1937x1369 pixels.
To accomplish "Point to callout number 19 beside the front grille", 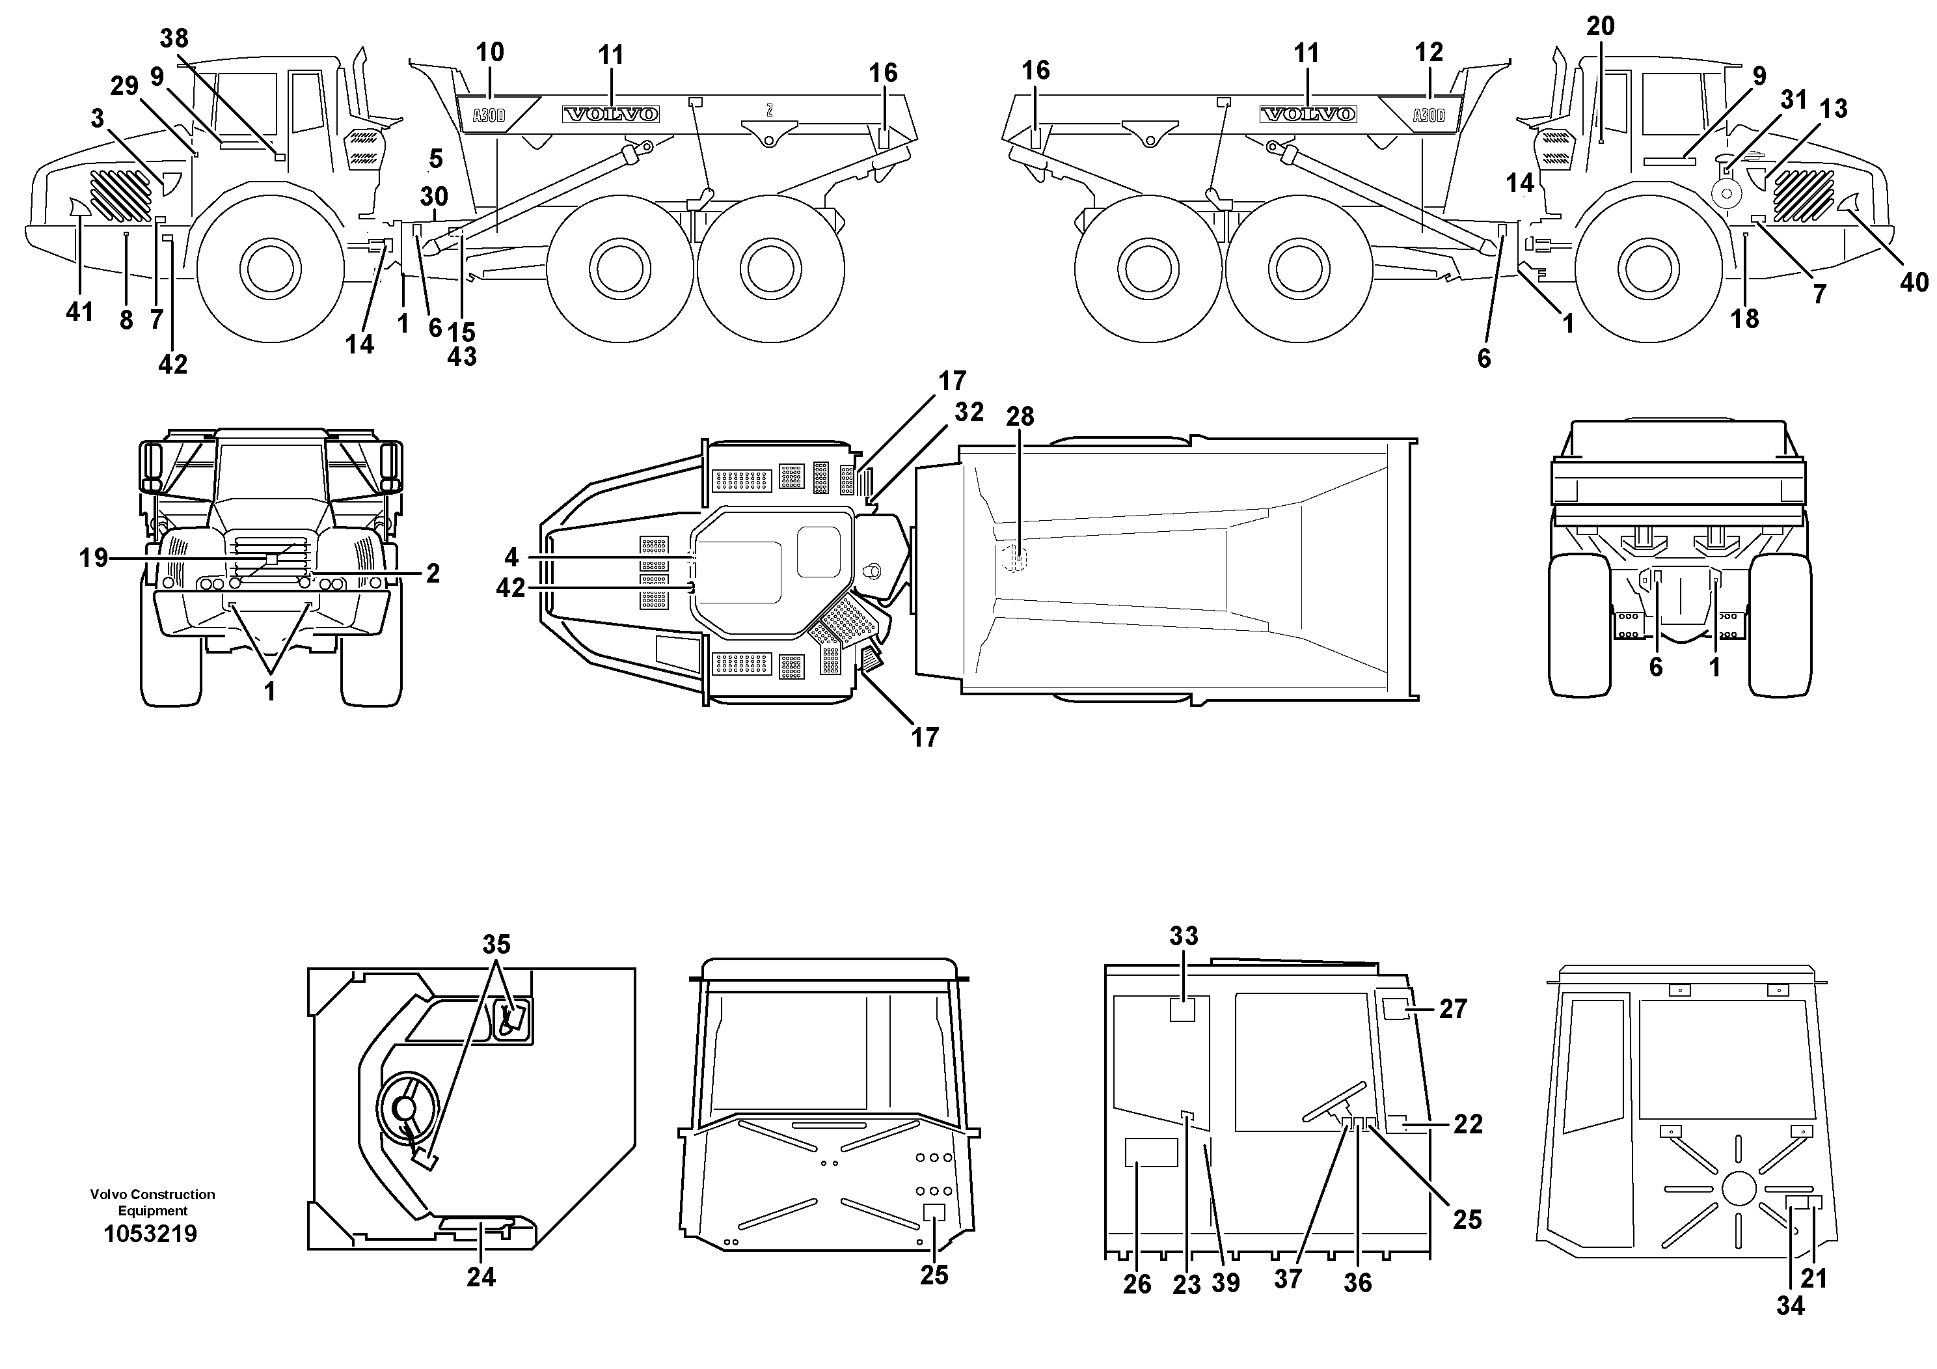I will [x=94, y=558].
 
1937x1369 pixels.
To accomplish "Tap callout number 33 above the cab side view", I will [x=1184, y=936].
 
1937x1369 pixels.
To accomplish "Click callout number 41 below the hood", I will [x=79, y=312].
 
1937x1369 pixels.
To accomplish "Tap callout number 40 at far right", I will [x=1914, y=283].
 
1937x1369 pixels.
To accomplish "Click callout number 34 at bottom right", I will [x=1790, y=1306].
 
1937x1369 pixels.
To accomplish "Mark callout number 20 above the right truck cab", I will [x=1601, y=27].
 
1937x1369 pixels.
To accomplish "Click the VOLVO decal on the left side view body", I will [x=611, y=114].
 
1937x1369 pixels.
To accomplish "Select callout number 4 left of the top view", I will [x=511, y=557].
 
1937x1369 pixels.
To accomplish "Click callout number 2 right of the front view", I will [x=433, y=574].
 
